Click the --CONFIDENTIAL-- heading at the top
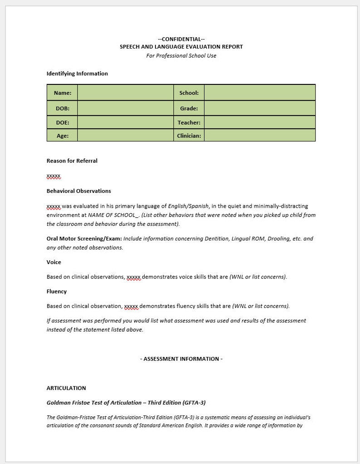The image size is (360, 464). click(181, 39)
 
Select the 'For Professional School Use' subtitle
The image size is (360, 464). click(181, 56)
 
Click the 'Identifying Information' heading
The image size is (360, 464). click(77, 73)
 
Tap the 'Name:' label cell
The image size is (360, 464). click(63, 93)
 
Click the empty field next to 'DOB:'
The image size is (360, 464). click(125, 108)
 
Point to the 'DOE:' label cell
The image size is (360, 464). click(63, 122)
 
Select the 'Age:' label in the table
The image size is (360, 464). click(63, 136)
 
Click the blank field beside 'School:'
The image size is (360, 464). click(259, 93)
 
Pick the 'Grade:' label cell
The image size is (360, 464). click(189, 108)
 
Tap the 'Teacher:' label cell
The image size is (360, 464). click(189, 122)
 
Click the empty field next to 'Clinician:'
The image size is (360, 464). click(259, 136)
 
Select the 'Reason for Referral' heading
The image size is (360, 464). click(72, 161)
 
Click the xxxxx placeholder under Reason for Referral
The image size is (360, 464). click(54, 176)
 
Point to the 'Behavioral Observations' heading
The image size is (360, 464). click(78, 191)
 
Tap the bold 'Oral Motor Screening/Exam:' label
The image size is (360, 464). click(84, 239)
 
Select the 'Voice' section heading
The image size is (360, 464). click(54, 262)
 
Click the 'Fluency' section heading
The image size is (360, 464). click(56, 291)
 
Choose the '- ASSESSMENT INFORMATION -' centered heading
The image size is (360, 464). click(181, 359)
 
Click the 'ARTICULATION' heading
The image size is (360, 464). click(66, 388)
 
